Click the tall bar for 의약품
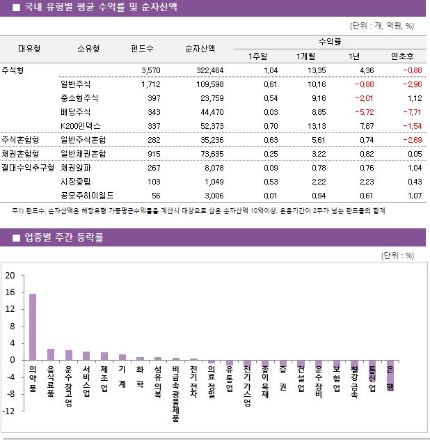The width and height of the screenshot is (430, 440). [x=33, y=327]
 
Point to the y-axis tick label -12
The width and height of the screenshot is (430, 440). [x=8, y=411]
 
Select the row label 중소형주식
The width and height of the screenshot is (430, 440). [x=79, y=98]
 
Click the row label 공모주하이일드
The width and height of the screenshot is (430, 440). [x=87, y=196]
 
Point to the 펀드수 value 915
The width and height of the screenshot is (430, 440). [x=152, y=154]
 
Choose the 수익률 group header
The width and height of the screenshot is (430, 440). [x=329, y=42]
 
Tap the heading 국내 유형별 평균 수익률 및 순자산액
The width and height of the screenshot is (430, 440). [x=100, y=8]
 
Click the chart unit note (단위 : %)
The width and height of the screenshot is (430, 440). [x=397, y=255]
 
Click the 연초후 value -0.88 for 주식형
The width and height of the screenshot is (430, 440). [x=411, y=70]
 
